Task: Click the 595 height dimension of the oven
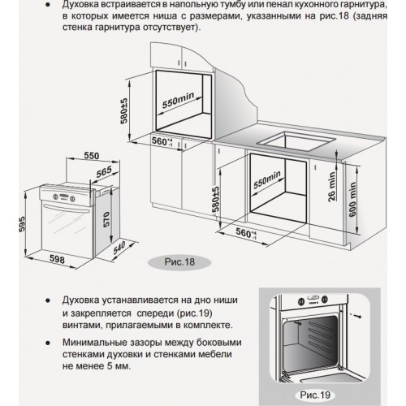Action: coord(22,223)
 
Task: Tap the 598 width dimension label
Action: coord(58,259)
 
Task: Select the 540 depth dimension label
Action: coord(119,248)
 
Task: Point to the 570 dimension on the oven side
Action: coord(106,219)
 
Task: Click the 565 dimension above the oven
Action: coord(104,172)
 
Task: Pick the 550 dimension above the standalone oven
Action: coord(92,156)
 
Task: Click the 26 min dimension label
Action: coord(331,187)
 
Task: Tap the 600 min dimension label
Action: coord(352,200)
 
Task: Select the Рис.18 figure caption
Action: coord(179,262)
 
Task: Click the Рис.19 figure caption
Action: coord(315,395)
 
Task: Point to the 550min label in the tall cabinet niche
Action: coord(178,100)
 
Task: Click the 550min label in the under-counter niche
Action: coord(267,180)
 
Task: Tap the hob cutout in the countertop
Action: coord(296,141)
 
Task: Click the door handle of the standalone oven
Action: coord(67,209)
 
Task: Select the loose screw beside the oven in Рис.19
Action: coord(356,316)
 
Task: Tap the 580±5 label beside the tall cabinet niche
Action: coord(123,111)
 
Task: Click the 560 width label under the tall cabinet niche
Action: coord(162,142)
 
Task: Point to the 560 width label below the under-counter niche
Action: coord(246,233)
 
